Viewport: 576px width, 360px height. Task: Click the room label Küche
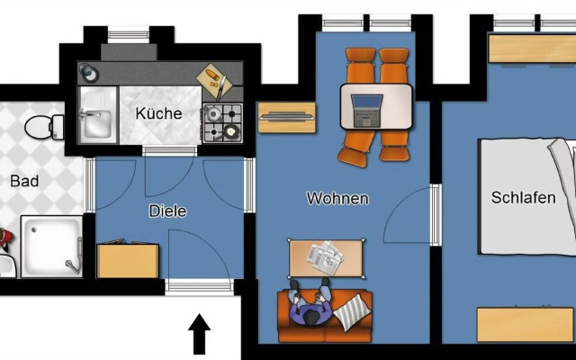pos(158,114)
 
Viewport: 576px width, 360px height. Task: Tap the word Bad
pos(24,182)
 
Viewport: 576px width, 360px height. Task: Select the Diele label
pos(168,211)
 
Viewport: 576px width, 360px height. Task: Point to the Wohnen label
pos(337,198)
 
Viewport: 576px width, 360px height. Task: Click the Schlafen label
pos(523,198)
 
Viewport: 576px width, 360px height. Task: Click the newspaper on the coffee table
pos(325,256)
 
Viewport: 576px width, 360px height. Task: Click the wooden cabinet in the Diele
pos(127,260)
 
